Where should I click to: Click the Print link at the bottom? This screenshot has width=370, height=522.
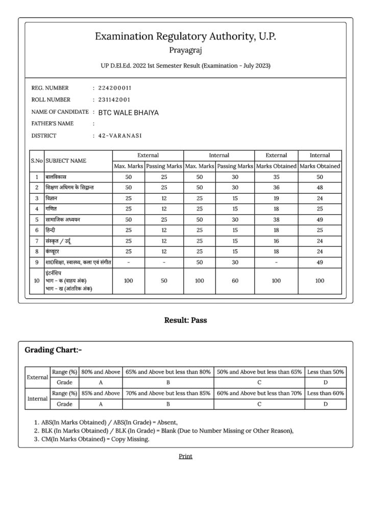[x=185, y=456]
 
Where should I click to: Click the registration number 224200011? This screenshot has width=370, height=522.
[x=114, y=88]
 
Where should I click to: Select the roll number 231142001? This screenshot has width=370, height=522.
[x=114, y=100]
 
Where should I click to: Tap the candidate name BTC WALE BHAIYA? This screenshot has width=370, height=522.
[x=128, y=112]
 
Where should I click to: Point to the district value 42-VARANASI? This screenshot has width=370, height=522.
[x=120, y=136]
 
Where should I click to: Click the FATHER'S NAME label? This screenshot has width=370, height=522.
[x=53, y=124]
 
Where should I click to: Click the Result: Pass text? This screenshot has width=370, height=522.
[x=185, y=321]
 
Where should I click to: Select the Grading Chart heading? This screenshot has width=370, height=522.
[x=53, y=350]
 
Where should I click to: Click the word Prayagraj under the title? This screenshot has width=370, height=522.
[x=185, y=50]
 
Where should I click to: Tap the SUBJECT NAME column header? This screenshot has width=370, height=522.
[x=66, y=161]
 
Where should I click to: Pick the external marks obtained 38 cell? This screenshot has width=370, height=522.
[x=276, y=220]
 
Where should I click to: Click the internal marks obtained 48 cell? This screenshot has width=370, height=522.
[x=319, y=188]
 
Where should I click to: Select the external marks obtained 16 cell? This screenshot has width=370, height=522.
[x=276, y=241]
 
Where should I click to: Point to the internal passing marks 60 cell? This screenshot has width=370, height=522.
[x=234, y=281]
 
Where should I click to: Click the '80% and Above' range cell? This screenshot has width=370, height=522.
[x=101, y=372]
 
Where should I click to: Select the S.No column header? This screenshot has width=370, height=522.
[x=37, y=161]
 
